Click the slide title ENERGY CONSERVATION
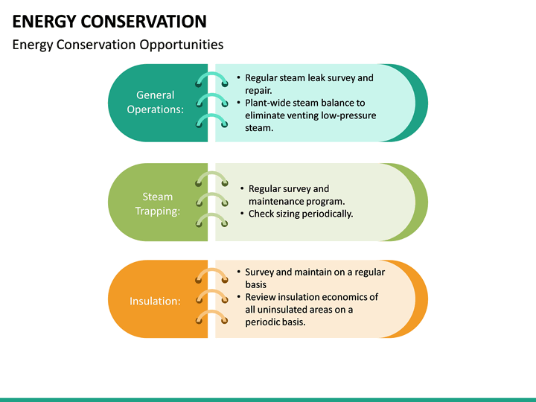tap(109, 21)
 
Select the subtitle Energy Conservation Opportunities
tap(118, 45)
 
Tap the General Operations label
tap(155, 102)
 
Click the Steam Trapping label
tap(157, 203)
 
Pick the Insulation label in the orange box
tap(155, 301)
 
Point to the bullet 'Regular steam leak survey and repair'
tap(309, 83)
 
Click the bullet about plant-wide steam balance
tap(310, 115)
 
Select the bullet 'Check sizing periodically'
tap(300, 214)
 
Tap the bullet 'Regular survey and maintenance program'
tap(296, 195)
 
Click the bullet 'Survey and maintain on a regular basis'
tap(315, 278)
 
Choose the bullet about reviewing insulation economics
tap(311, 309)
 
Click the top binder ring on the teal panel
tap(211, 80)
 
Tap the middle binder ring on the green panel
tap(211, 200)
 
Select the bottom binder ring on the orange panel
tap(211, 317)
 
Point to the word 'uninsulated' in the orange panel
tap(287, 310)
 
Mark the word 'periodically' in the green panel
tap(325, 214)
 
